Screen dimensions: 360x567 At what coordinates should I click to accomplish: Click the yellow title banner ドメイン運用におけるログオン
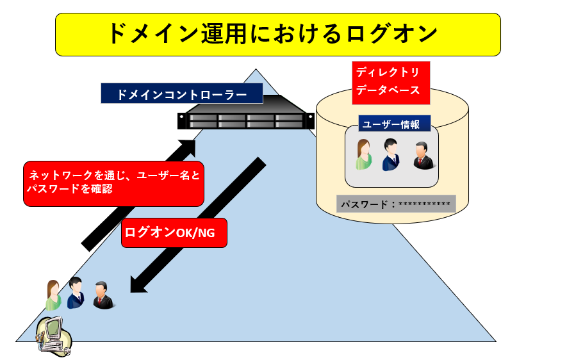tap(277, 35)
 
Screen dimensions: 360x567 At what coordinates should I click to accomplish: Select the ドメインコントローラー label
tap(182, 94)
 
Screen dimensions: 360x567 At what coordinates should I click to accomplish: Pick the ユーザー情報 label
tap(391, 124)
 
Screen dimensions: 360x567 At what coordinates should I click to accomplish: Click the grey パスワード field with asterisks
tap(395, 204)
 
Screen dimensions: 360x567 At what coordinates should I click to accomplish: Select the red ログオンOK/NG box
tap(174, 233)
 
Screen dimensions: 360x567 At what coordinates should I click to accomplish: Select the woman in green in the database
tap(364, 155)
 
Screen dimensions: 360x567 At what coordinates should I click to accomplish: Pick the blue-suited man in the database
tap(390, 155)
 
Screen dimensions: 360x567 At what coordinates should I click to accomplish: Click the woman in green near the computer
tap(53, 295)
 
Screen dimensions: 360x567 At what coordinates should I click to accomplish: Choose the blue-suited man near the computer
tap(75, 293)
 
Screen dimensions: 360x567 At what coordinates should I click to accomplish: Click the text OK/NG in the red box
tap(195, 233)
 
